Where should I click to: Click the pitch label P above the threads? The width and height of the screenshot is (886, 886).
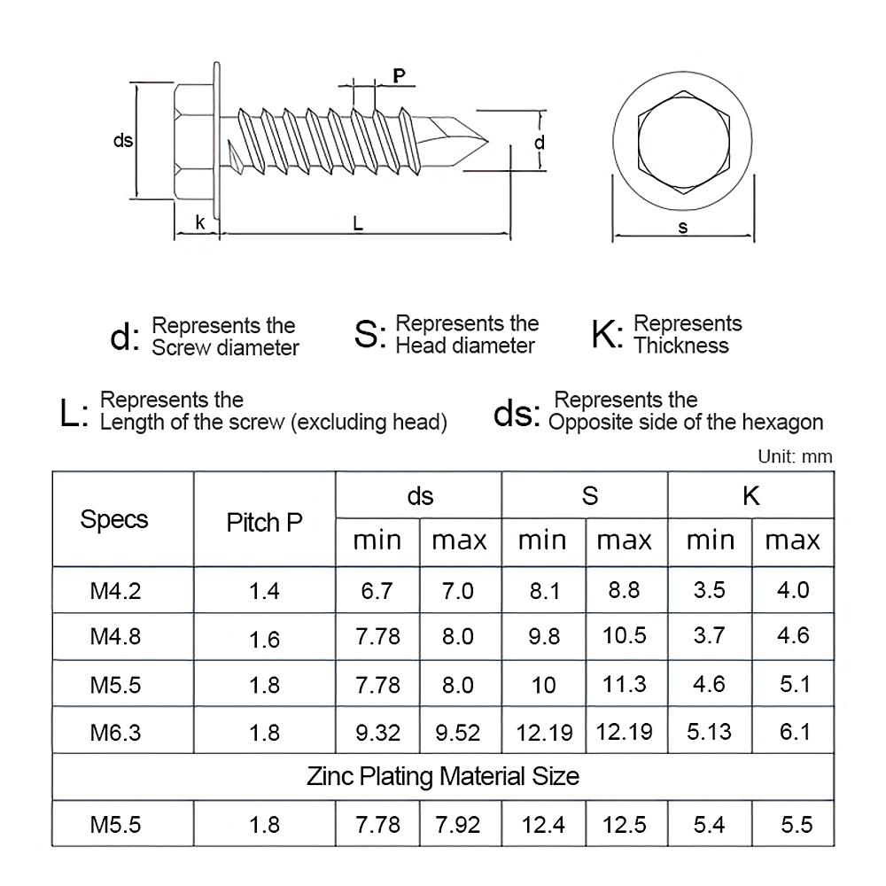[x=400, y=76]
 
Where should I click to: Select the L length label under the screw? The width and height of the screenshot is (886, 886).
[x=357, y=224]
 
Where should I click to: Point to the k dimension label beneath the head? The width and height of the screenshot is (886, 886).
[x=200, y=223]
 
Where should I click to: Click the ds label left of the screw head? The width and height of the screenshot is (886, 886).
[x=123, y=141]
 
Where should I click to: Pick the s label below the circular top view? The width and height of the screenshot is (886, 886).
[x=682, y=227]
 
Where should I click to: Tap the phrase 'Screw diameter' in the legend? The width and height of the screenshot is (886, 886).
[x=225, y=348]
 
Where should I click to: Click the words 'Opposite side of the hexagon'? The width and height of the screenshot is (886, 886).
[x=686, y=423]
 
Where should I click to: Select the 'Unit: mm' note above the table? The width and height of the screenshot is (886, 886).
[x=795, y=457]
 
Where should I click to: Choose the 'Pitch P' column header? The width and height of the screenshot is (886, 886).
[x=264, y=522]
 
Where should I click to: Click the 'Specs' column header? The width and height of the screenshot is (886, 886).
[x=114, y=519]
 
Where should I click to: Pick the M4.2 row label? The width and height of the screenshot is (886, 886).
[x=115, y=590]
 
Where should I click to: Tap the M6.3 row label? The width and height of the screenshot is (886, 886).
[x=115, y=732]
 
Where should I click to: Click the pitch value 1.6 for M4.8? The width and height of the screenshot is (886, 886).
[x=264, y=638]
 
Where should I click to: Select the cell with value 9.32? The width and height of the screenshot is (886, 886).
[x=377, y=733]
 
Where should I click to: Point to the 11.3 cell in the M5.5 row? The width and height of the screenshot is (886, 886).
[x=624, y=685]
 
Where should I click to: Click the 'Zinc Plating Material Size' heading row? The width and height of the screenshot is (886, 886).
[x=443, y=777]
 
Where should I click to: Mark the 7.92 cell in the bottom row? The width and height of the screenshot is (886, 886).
[x=458, y=825]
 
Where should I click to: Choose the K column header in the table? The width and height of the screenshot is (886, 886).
[x=750, y=495]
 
